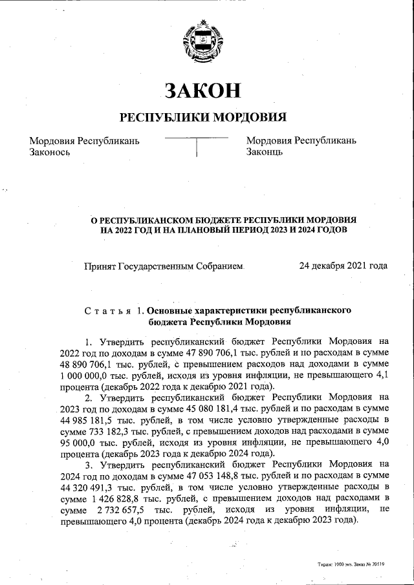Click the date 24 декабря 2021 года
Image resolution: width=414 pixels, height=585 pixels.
pyautogui.click(x=343, y=266)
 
